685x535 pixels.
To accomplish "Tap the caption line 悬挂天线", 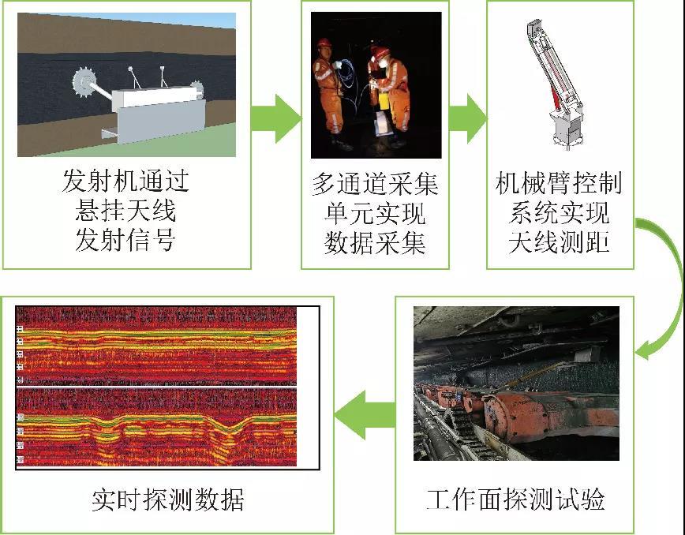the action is [x=125, y=210].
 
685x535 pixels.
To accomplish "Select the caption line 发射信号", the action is [x=125, y=239].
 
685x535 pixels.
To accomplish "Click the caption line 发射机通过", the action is [x=125, y=181].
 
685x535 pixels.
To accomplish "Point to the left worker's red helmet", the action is [x=324, y=43].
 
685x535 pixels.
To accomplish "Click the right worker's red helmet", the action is [x=380, y=51].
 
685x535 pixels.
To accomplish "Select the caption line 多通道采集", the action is [x=376, y=184].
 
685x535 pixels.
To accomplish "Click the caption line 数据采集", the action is [x=376, y=243].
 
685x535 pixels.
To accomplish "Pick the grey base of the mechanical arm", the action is [x=567, y=129].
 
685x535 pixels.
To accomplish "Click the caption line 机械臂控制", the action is [x=560, y=182].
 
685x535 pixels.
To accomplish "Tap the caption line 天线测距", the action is [x=560, y=241].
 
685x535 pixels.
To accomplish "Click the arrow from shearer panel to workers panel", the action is [x=276, y=118].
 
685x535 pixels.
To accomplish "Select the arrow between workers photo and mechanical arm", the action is [x=467, y=118].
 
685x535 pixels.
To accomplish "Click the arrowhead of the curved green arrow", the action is [x=644, y=350].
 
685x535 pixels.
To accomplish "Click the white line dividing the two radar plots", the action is [x=156, y=387].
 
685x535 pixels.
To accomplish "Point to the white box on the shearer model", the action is [x=157, y=97].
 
